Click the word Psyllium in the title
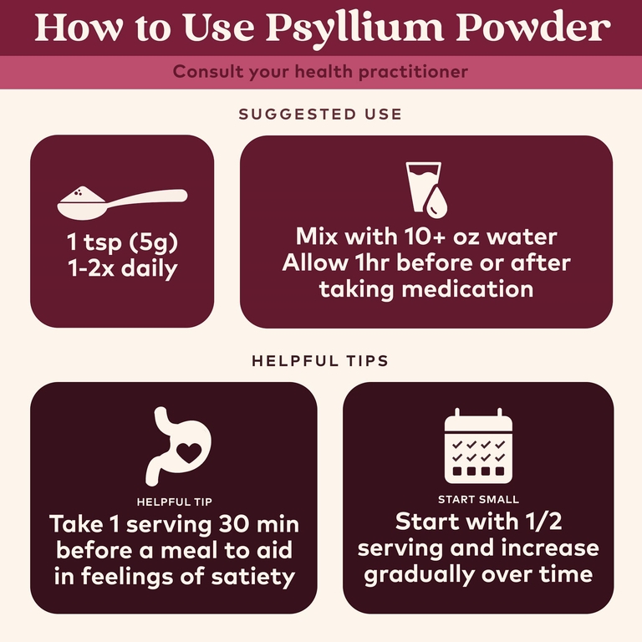354,28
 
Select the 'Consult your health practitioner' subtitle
320,72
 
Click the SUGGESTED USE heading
320,115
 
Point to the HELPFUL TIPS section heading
320,361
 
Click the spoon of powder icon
122,202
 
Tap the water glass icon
423,186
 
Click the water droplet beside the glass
436,201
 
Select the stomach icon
179,446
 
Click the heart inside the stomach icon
189,452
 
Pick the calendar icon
478,446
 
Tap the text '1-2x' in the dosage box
91,268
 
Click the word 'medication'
467,289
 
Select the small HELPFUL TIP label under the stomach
175,502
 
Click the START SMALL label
478,500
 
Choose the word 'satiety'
252,577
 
